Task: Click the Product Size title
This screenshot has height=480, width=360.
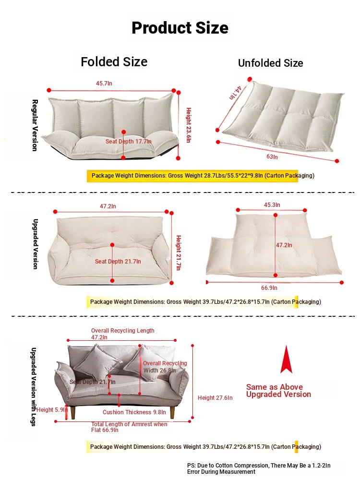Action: (x=180, y=28)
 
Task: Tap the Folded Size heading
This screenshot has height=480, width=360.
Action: (x=114, y=62)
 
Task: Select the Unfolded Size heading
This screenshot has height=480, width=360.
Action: (x=271, y=63)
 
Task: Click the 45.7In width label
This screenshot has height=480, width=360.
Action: (x=104, y=83)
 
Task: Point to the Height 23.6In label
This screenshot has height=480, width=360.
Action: (x=189, y=125)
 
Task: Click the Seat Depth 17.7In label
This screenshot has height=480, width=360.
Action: (x=129, y=142)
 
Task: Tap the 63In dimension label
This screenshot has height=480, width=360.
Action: (x=272, y=157)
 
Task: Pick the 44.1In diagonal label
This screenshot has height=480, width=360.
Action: (x=236, y=93)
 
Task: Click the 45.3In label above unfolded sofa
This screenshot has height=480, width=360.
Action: (x=272, y=205)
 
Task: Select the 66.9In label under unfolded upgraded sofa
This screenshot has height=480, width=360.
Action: (x=269, y=288)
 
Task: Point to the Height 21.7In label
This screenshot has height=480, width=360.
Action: (x=179, y=252)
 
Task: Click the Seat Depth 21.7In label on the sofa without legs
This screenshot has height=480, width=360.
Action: (x=118, y=262)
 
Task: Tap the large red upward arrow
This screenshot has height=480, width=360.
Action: (x=286, y=360)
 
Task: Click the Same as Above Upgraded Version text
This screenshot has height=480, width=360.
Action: (x=278, y=391)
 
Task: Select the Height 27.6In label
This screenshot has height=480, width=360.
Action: (x=215, y=397)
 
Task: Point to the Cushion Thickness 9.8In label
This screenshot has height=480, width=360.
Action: (x=134, y=412)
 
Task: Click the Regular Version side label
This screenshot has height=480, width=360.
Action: (x=35, y=125)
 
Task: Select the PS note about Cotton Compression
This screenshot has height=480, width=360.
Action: (x=259, y=468)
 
